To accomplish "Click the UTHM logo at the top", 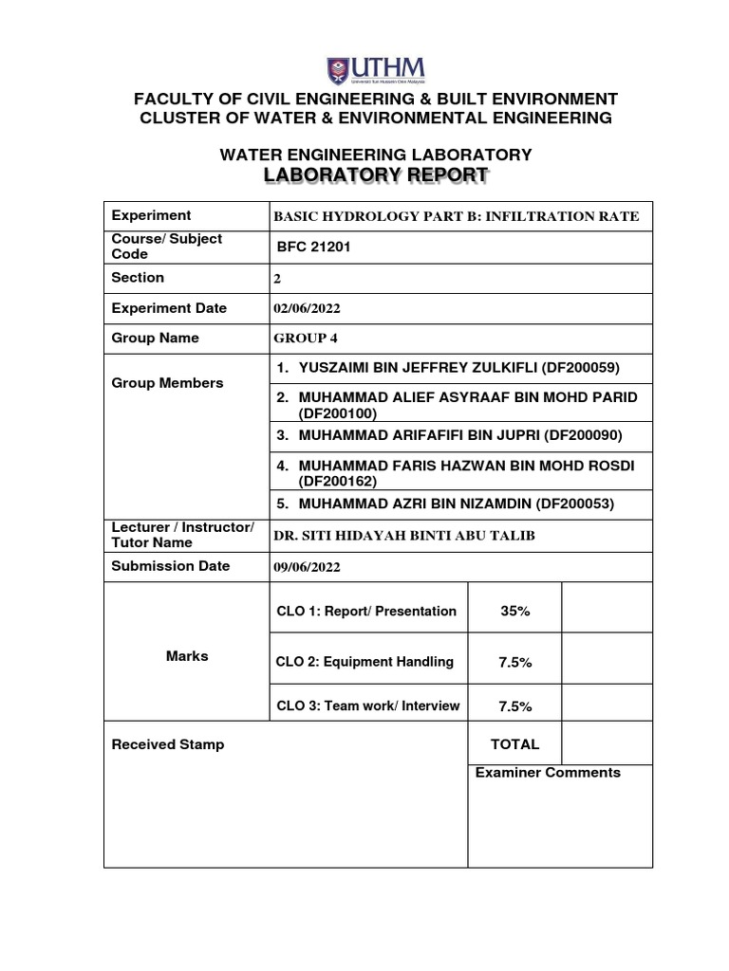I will coord(376,69).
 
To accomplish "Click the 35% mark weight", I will coord(514,612).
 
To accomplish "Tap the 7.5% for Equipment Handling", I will coord(514,663).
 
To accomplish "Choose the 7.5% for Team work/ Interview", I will coord(514,706).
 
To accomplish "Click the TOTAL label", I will coord(514,744).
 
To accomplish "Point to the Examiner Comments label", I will coord(548,773).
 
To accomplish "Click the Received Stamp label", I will coord(168,744).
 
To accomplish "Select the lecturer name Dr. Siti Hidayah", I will coord(404,536).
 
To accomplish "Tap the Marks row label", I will coord(187,656).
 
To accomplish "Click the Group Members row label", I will coord(168,383).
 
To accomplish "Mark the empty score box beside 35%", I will coord(607,608).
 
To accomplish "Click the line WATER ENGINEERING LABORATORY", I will coord(376,155).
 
